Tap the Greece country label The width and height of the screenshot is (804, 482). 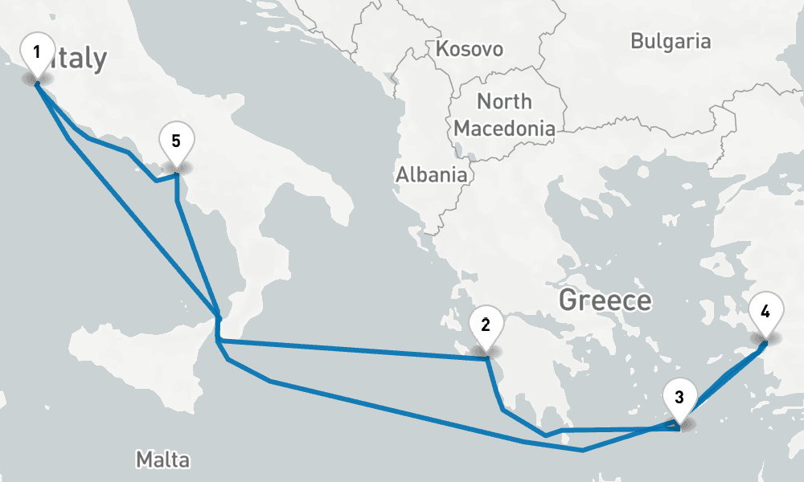[x=605, y=301]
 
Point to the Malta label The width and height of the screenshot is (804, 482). [x=163, y=460]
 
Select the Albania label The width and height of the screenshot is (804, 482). [x=431, y=174]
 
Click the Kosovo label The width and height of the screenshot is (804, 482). [x=469, y=49]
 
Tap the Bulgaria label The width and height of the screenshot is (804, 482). [x=671, y=41]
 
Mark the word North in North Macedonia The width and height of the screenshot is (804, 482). [x=504, y=102]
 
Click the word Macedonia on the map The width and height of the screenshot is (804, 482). [x=504, y=128]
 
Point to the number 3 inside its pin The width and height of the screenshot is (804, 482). [x=679, y=397]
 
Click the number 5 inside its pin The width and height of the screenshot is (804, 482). [x=176, y=138]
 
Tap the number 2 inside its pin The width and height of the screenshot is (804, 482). [x=486, y=325]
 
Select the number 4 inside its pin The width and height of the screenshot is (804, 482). [x=765, y=310]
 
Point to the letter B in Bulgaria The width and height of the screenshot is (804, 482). [x=638, y=41]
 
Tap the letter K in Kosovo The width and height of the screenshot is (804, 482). [x=441, y=49]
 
